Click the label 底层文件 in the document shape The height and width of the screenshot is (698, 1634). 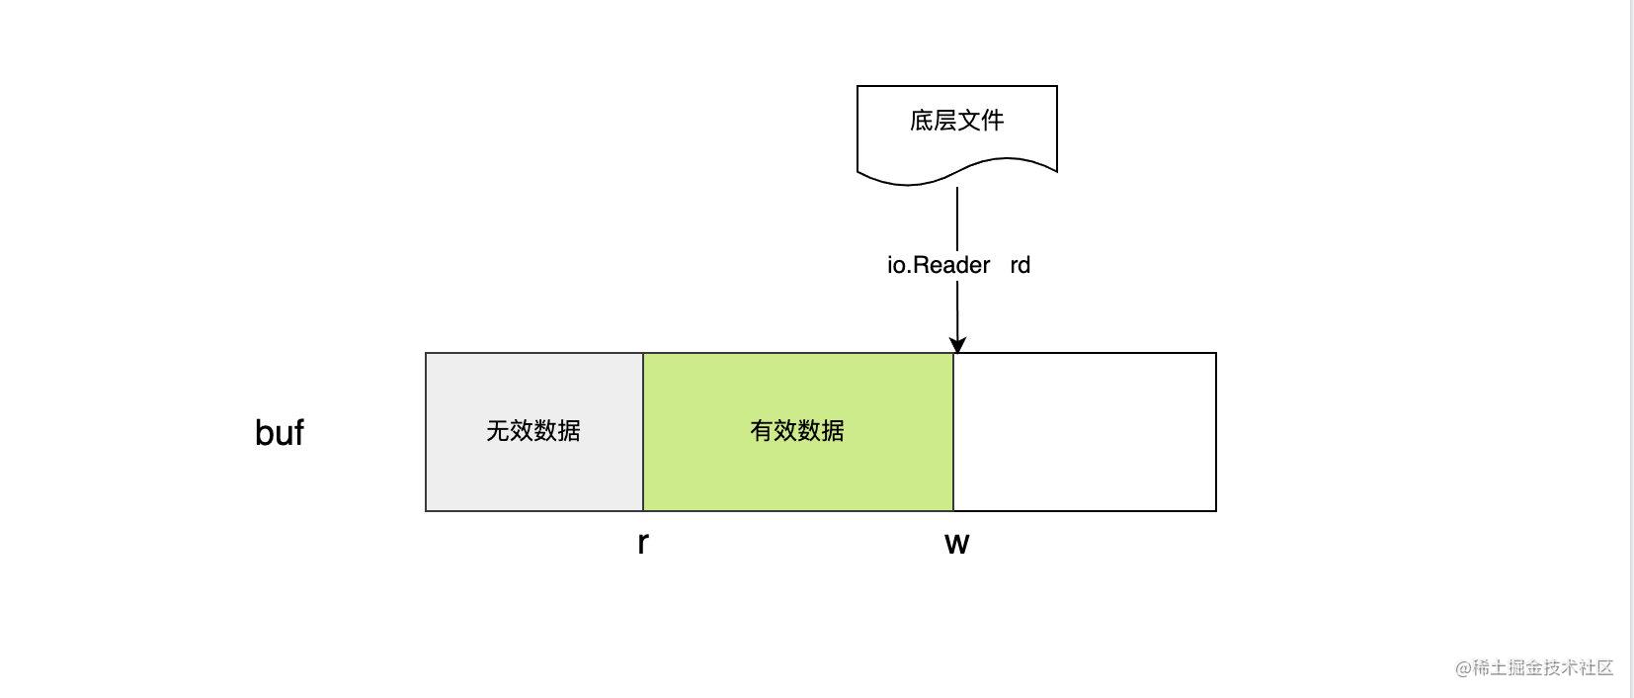[956, 121]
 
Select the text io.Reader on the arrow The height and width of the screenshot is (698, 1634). [938, 265]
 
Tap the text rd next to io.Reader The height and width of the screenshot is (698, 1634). [1020, 265]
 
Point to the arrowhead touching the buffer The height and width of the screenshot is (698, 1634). [956, 344]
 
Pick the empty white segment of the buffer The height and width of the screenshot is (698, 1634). [1084, 432]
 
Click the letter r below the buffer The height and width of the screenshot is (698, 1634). [643, 543]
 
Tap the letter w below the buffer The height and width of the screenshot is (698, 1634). [956, 543]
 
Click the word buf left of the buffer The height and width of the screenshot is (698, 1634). [279, 433]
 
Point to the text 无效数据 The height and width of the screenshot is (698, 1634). [533, 431]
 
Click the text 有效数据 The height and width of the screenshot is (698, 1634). [797, 431]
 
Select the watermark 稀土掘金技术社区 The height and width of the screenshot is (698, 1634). [1542, 668]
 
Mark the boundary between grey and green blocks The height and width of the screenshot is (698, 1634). [643, 432]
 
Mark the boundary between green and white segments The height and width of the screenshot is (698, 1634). [953, 432]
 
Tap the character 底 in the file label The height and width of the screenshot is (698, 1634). [921, 121]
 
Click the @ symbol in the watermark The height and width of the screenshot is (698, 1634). [1462, 668]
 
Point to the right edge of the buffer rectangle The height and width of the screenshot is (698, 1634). [1215, 432]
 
